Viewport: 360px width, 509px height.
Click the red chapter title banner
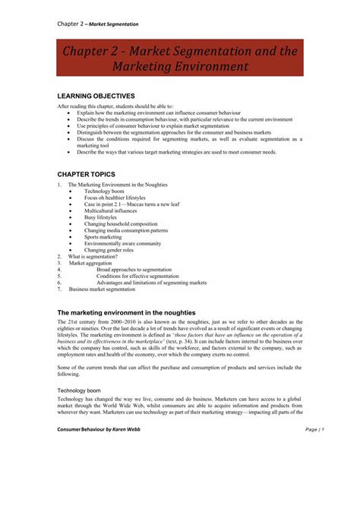click(x=181, y=58)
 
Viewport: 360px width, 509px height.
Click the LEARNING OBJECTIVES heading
click(x=96, y=96)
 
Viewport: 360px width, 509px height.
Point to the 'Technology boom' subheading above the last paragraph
click(x=79, y=390)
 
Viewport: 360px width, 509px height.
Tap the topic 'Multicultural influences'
click(x=114, y=210)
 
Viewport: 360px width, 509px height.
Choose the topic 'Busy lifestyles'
click(x=103, y=217)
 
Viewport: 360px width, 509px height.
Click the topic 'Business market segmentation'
click(x=103, y=289)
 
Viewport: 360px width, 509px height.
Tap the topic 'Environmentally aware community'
click(x=122, y=244)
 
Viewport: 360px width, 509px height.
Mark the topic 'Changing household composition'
click(x=122, y=223)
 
